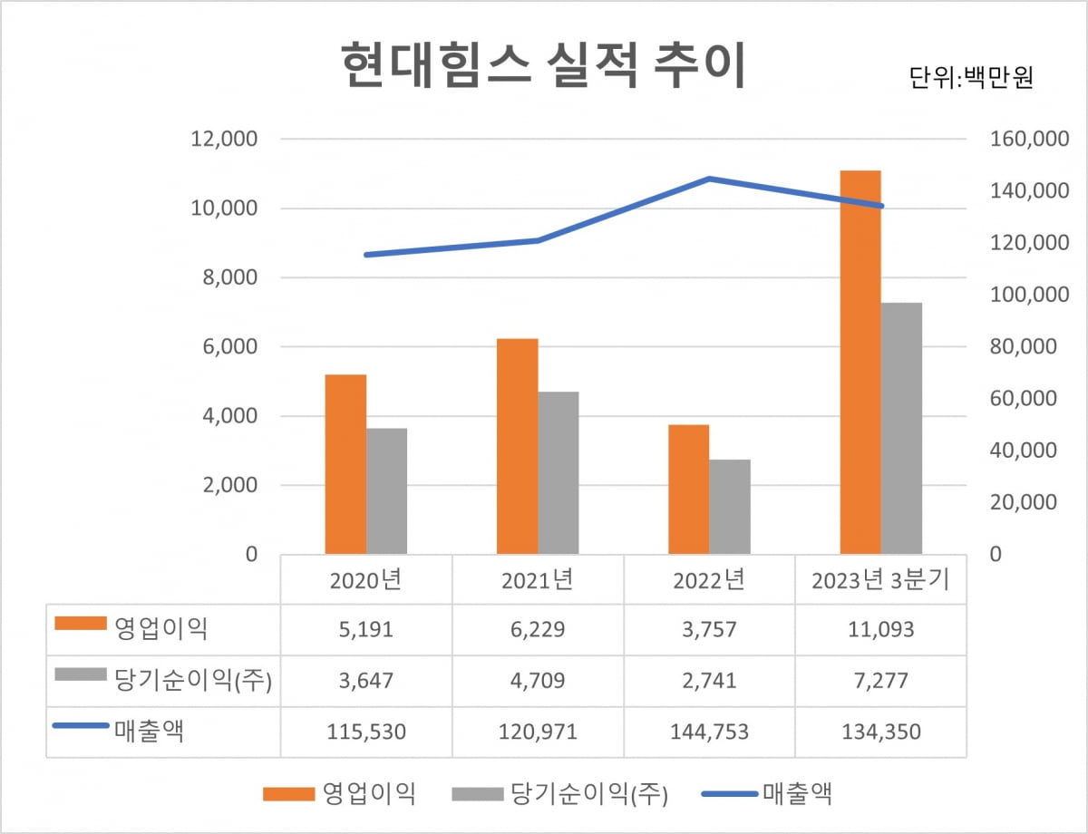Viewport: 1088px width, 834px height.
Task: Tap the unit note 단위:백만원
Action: click(x=971, y=77)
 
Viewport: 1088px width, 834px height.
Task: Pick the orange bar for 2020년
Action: click(x=345, y=463)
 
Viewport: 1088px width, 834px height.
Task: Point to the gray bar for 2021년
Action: click(x=559, y=472)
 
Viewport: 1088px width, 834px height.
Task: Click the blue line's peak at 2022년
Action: click(x=710, y=179)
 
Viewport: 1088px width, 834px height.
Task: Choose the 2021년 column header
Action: click(x=538, y=580)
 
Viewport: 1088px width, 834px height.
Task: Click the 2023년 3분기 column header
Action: click(x=880, y=580)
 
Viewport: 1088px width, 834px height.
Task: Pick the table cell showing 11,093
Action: click(x=880, y=630)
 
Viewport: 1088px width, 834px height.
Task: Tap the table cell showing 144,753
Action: click(x=709, y=732)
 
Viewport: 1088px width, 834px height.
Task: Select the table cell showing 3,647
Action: click(x=366, y=681)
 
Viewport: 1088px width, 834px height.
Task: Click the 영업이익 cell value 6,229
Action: click(x=538, y=630)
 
